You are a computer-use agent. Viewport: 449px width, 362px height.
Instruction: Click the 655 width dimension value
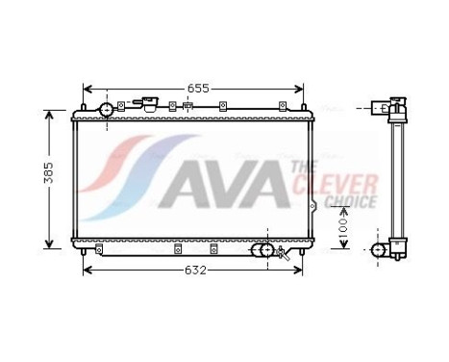[196, 88]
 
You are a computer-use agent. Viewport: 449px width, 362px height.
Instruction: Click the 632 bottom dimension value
[194, 271]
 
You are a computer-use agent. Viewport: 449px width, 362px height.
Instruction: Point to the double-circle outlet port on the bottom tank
[261, 251]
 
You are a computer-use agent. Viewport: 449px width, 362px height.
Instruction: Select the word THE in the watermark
[298, 169]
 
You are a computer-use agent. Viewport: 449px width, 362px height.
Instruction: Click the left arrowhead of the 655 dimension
[87, 88]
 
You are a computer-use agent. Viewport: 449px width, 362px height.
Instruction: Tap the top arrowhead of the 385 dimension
[50, 114]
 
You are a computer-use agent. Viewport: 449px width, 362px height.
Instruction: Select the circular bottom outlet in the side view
[379, 251]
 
